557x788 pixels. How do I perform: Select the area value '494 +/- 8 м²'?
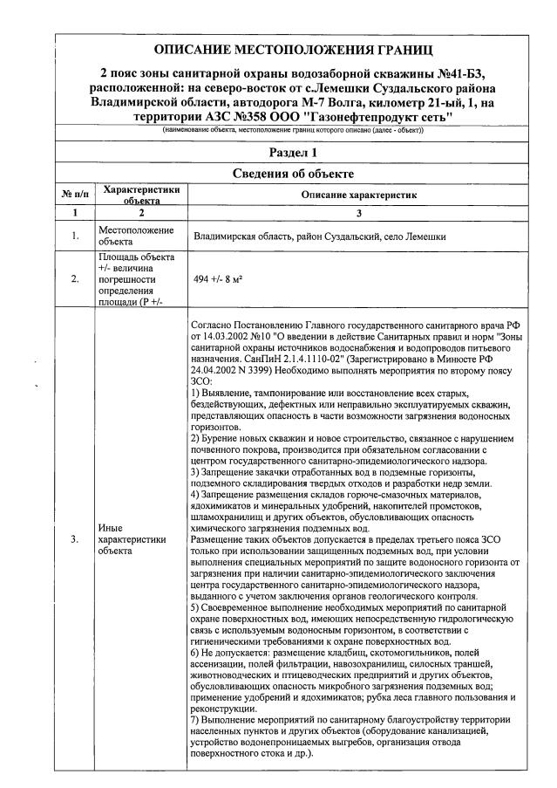pos(218,280)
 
